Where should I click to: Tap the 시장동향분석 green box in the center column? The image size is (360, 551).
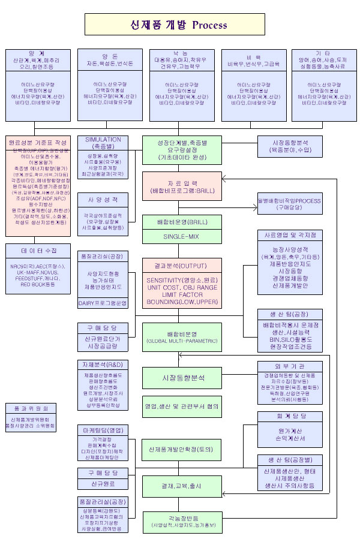coord(181,377)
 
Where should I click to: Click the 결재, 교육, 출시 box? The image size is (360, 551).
coord(181,485)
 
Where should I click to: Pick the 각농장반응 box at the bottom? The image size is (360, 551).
coord(181,521)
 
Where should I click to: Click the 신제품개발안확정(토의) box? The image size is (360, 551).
coord(181,448)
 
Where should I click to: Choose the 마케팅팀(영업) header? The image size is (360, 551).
coord(103,430)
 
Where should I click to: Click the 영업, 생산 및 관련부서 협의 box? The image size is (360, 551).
coord(181,406)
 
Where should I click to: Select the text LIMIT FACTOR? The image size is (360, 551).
coord(181,294)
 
